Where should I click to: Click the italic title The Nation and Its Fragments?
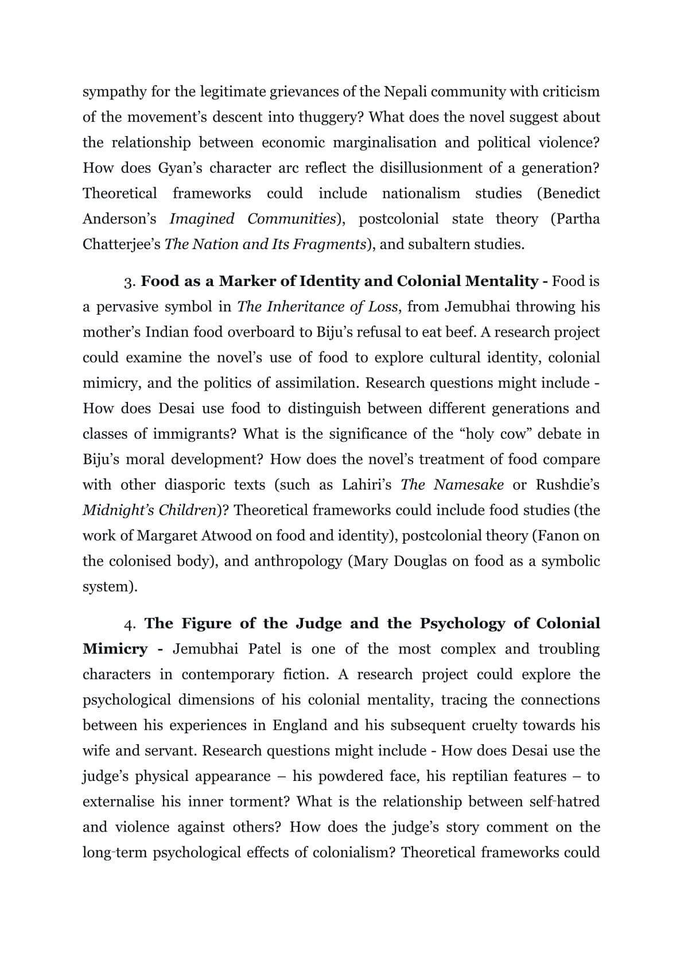[265, 244]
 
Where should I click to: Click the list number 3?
[130, 282]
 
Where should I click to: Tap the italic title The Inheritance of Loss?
[317, 307]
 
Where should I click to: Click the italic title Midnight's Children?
[150, 510]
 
